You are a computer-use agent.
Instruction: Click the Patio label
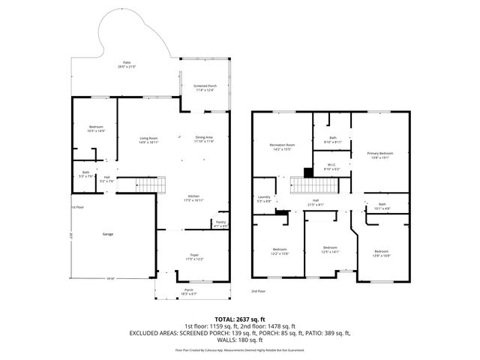click(x=126, y=64)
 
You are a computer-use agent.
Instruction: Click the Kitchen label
click(x=193, y=199)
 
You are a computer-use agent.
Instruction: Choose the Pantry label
click(x=220, y=223)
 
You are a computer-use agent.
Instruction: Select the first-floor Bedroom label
click(x=95, y=129)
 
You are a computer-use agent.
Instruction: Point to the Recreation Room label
click(x=282, y=146)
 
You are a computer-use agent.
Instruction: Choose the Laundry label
click(x=263, y=199)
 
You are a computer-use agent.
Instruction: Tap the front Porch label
click(x=188, y=291)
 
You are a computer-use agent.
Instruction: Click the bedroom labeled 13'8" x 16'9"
click(x=382, y=253)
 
